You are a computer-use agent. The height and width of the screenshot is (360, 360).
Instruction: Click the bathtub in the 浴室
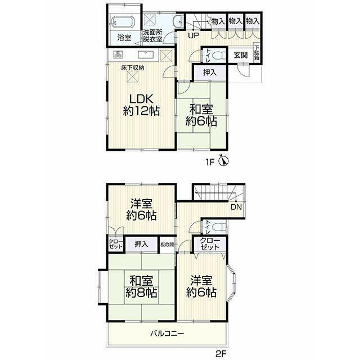(x=124, y=22)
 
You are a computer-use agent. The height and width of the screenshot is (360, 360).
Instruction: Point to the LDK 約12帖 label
(x=141, y=105)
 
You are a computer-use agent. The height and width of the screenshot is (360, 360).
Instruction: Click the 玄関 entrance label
(x=241, y=55)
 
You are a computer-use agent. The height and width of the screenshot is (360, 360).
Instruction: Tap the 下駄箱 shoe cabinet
(x=256, y=52)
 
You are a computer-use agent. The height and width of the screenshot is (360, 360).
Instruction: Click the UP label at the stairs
(x=193, y=35)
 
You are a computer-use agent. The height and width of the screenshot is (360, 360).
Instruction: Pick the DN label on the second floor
(x=236, y=207)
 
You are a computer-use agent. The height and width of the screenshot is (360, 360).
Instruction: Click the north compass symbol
(x=223, y=160)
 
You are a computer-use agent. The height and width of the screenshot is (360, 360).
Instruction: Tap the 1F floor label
(x=210, y=163)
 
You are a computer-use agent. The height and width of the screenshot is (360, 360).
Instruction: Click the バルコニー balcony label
(x=167, y=334)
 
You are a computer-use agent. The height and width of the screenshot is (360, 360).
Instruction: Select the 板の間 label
(x=167, y=245)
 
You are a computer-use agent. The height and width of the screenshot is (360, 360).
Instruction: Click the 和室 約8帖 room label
(x=141, y=286)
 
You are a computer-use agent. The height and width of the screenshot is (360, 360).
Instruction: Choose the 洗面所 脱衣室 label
(x=152, y=35)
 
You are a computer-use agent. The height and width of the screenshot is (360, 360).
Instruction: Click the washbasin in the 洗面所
(x=178, y=22)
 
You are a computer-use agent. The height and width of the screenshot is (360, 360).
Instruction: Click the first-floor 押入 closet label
(x=210, y=73)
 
